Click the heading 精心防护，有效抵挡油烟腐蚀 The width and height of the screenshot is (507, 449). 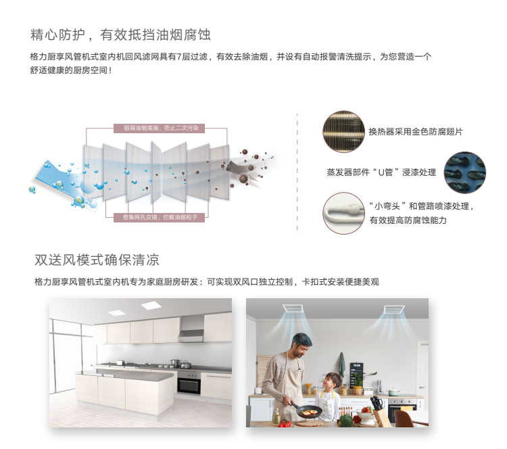coord(120,34)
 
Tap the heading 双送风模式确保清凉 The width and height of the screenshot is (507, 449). coord(97,260)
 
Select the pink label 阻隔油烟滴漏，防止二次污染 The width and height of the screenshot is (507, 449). coord(159,128)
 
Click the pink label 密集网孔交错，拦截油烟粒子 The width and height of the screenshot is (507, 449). coord(159,217)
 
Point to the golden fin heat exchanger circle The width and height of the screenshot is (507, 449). coord(343,132)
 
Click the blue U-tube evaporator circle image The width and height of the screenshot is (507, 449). coord(464,172)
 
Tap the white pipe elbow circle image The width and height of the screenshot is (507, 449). coord(343,213)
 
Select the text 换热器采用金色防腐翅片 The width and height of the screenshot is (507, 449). coord(416,132)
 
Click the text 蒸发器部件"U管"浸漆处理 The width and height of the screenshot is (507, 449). coord(381,172)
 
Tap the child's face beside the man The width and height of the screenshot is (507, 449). coord(330,383)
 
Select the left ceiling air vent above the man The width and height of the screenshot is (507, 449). coord(293,308)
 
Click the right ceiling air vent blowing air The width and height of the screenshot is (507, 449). coord(394,309)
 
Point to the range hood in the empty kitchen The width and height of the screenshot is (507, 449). coord(191,329)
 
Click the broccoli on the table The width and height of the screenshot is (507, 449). coord(346,420)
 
